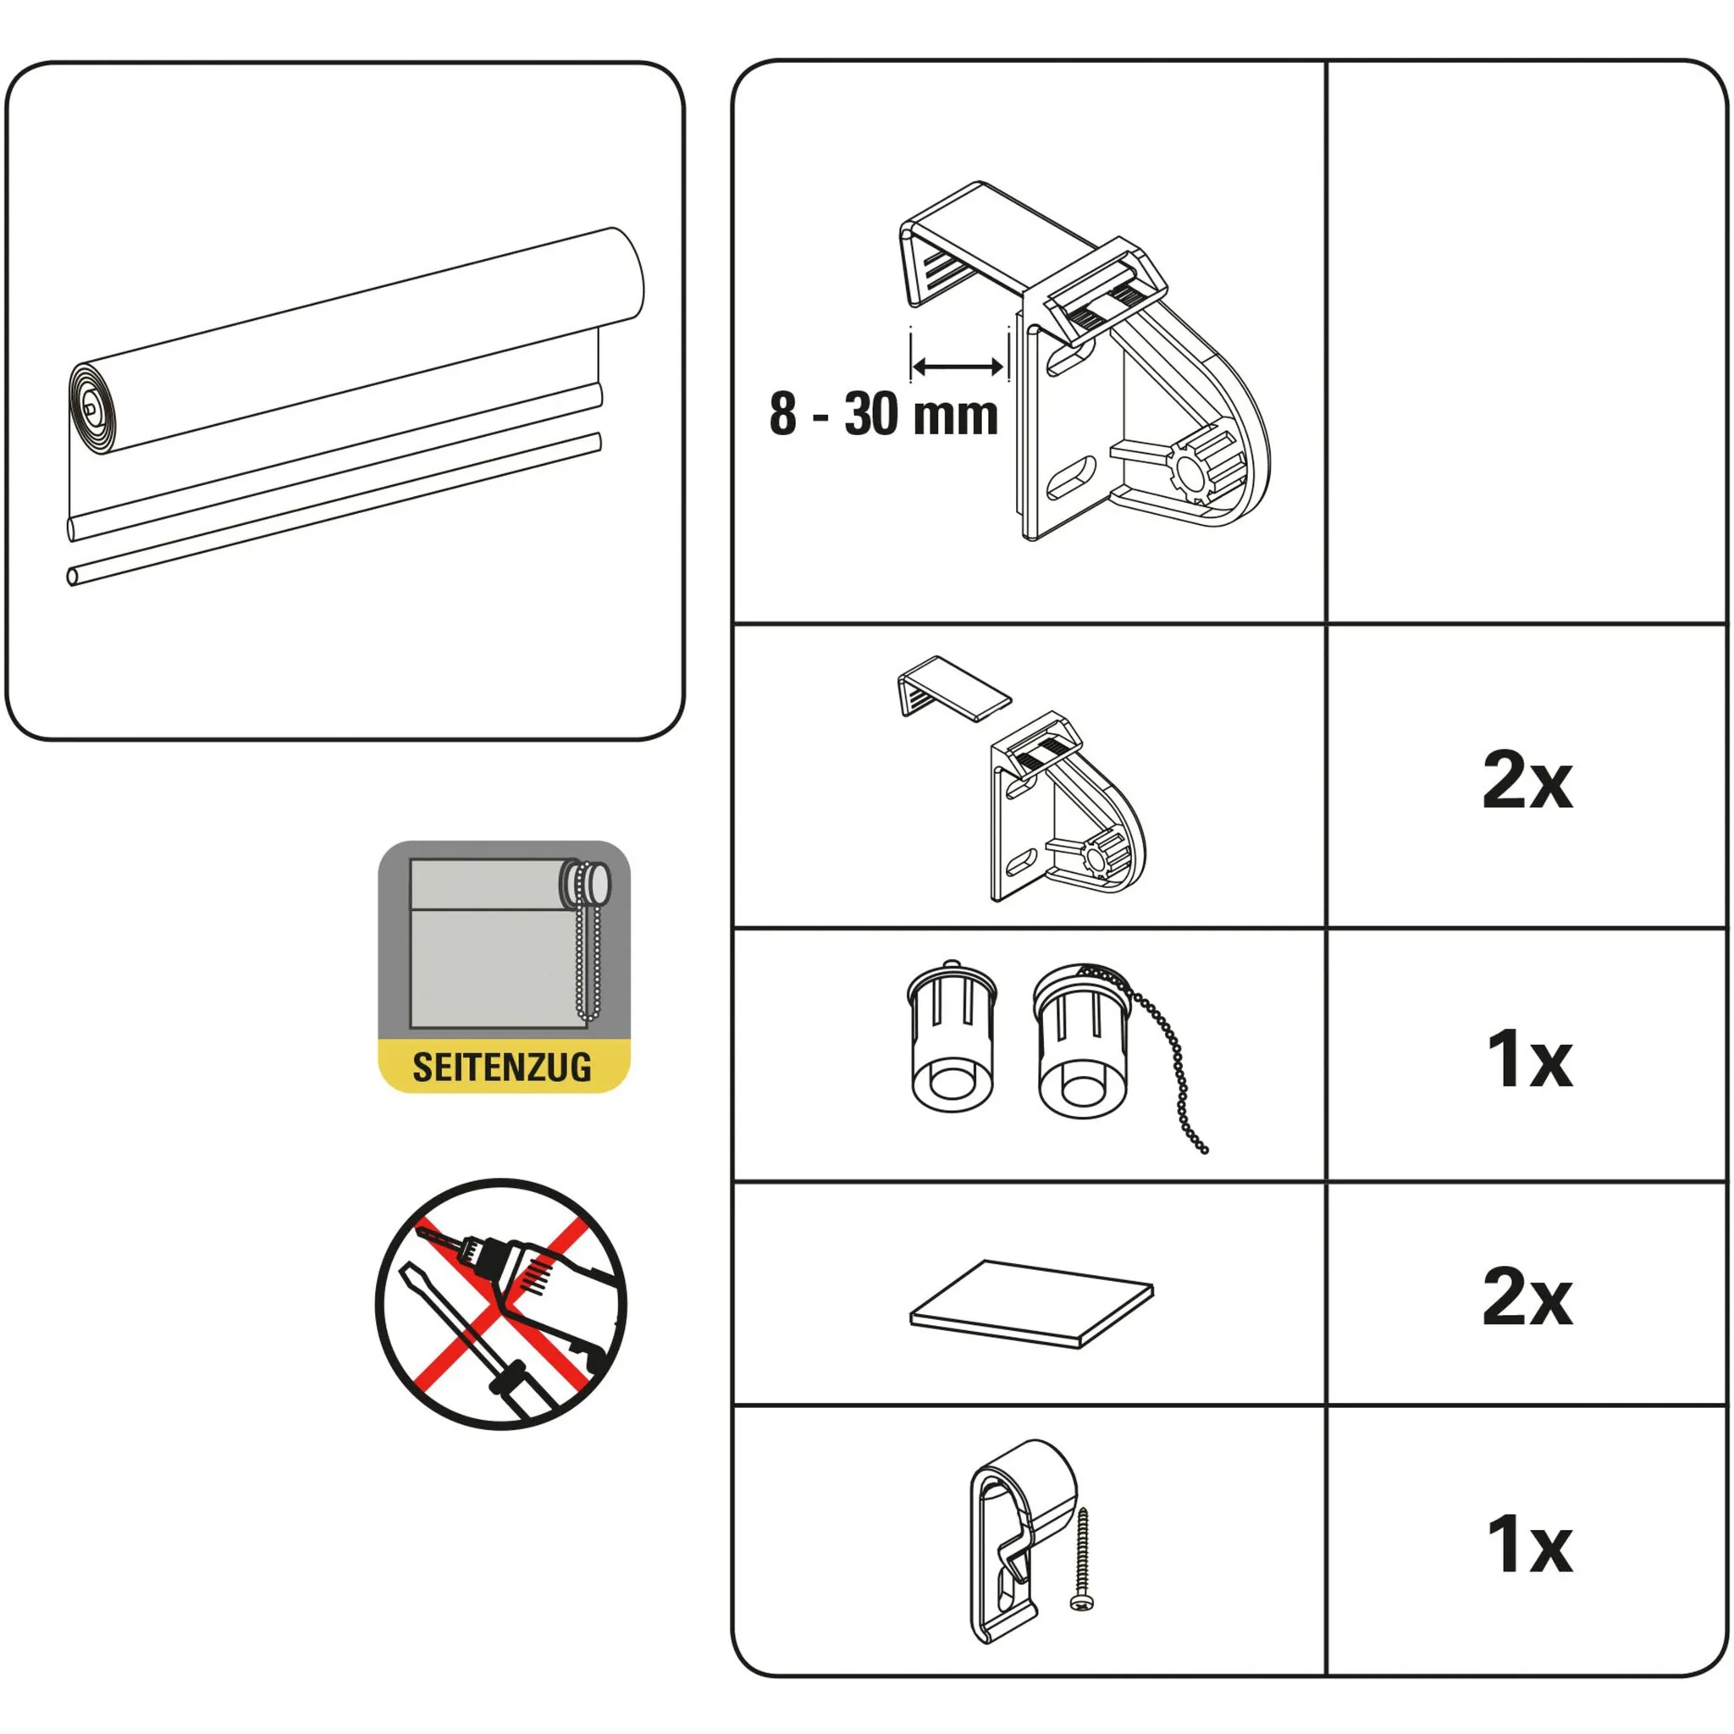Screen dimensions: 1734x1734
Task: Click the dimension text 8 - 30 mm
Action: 883,415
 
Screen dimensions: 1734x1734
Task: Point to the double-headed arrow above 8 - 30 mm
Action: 957,366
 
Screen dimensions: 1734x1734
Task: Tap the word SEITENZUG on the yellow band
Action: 502,1067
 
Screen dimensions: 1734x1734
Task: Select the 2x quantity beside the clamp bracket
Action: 1527,781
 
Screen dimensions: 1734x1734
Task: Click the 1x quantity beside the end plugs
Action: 1528,1059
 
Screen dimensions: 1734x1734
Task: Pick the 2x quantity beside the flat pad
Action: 1527,1297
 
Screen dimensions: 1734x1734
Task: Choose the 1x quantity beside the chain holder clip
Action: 1528,1543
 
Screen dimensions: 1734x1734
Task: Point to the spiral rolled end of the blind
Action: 93,409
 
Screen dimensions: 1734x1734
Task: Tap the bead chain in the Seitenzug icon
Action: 588,952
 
